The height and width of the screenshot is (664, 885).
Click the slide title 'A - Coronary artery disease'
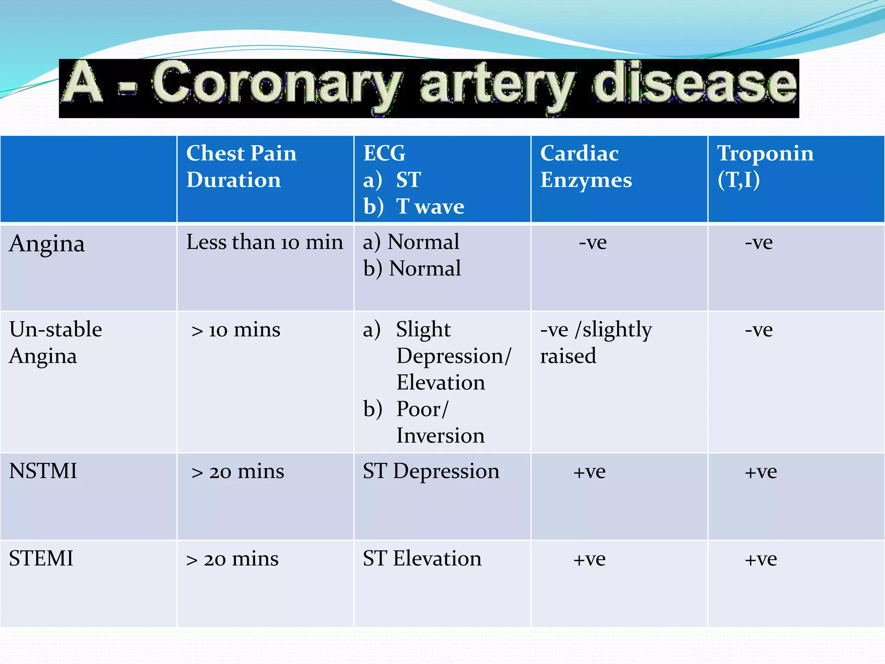coord(429,87)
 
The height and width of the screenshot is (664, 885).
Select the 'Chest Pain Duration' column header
coord(241,166)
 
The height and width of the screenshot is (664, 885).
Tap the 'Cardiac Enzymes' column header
coord(586,166)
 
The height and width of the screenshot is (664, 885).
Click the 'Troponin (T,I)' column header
coord(765,166)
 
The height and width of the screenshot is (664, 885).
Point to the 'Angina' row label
coord(47,244)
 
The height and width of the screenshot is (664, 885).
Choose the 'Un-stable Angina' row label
coord(55,343)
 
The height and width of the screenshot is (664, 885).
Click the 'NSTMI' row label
coord(43,471)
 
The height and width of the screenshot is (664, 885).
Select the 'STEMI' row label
coord(41,559)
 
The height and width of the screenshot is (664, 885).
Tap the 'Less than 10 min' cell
coord(264,242)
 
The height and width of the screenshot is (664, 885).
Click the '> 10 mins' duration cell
coord(236,330)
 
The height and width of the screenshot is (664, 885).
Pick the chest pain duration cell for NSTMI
coord(238,472)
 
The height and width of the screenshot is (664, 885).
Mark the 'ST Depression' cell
coord(431,471)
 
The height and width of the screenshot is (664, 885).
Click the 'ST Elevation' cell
coord(422,559)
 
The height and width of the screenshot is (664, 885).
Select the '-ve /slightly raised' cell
coord(595,343)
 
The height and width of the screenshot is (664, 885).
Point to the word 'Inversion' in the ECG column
coord(440,436)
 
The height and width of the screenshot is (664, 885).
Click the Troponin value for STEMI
coord(761,559)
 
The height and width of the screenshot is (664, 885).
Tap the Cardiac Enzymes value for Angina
coord(592,243)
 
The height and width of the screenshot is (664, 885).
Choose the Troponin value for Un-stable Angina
coord(758,330)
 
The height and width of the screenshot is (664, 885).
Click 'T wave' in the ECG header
coord(430,207)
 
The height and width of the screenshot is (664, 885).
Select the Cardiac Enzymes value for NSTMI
coord(589,472)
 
